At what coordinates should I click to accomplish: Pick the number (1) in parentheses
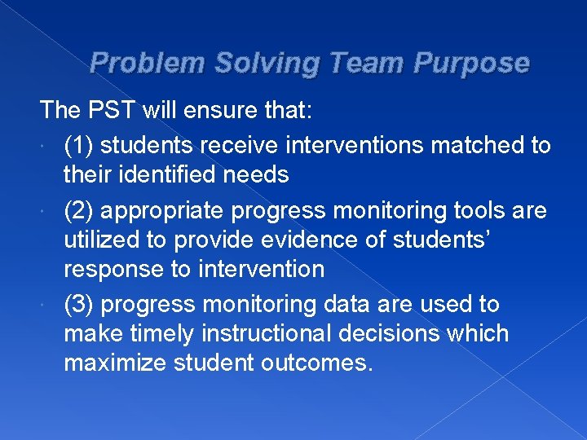click(79, 145)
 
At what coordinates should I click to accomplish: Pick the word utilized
click(99, 240)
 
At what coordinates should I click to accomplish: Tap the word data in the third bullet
click(359, 304)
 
